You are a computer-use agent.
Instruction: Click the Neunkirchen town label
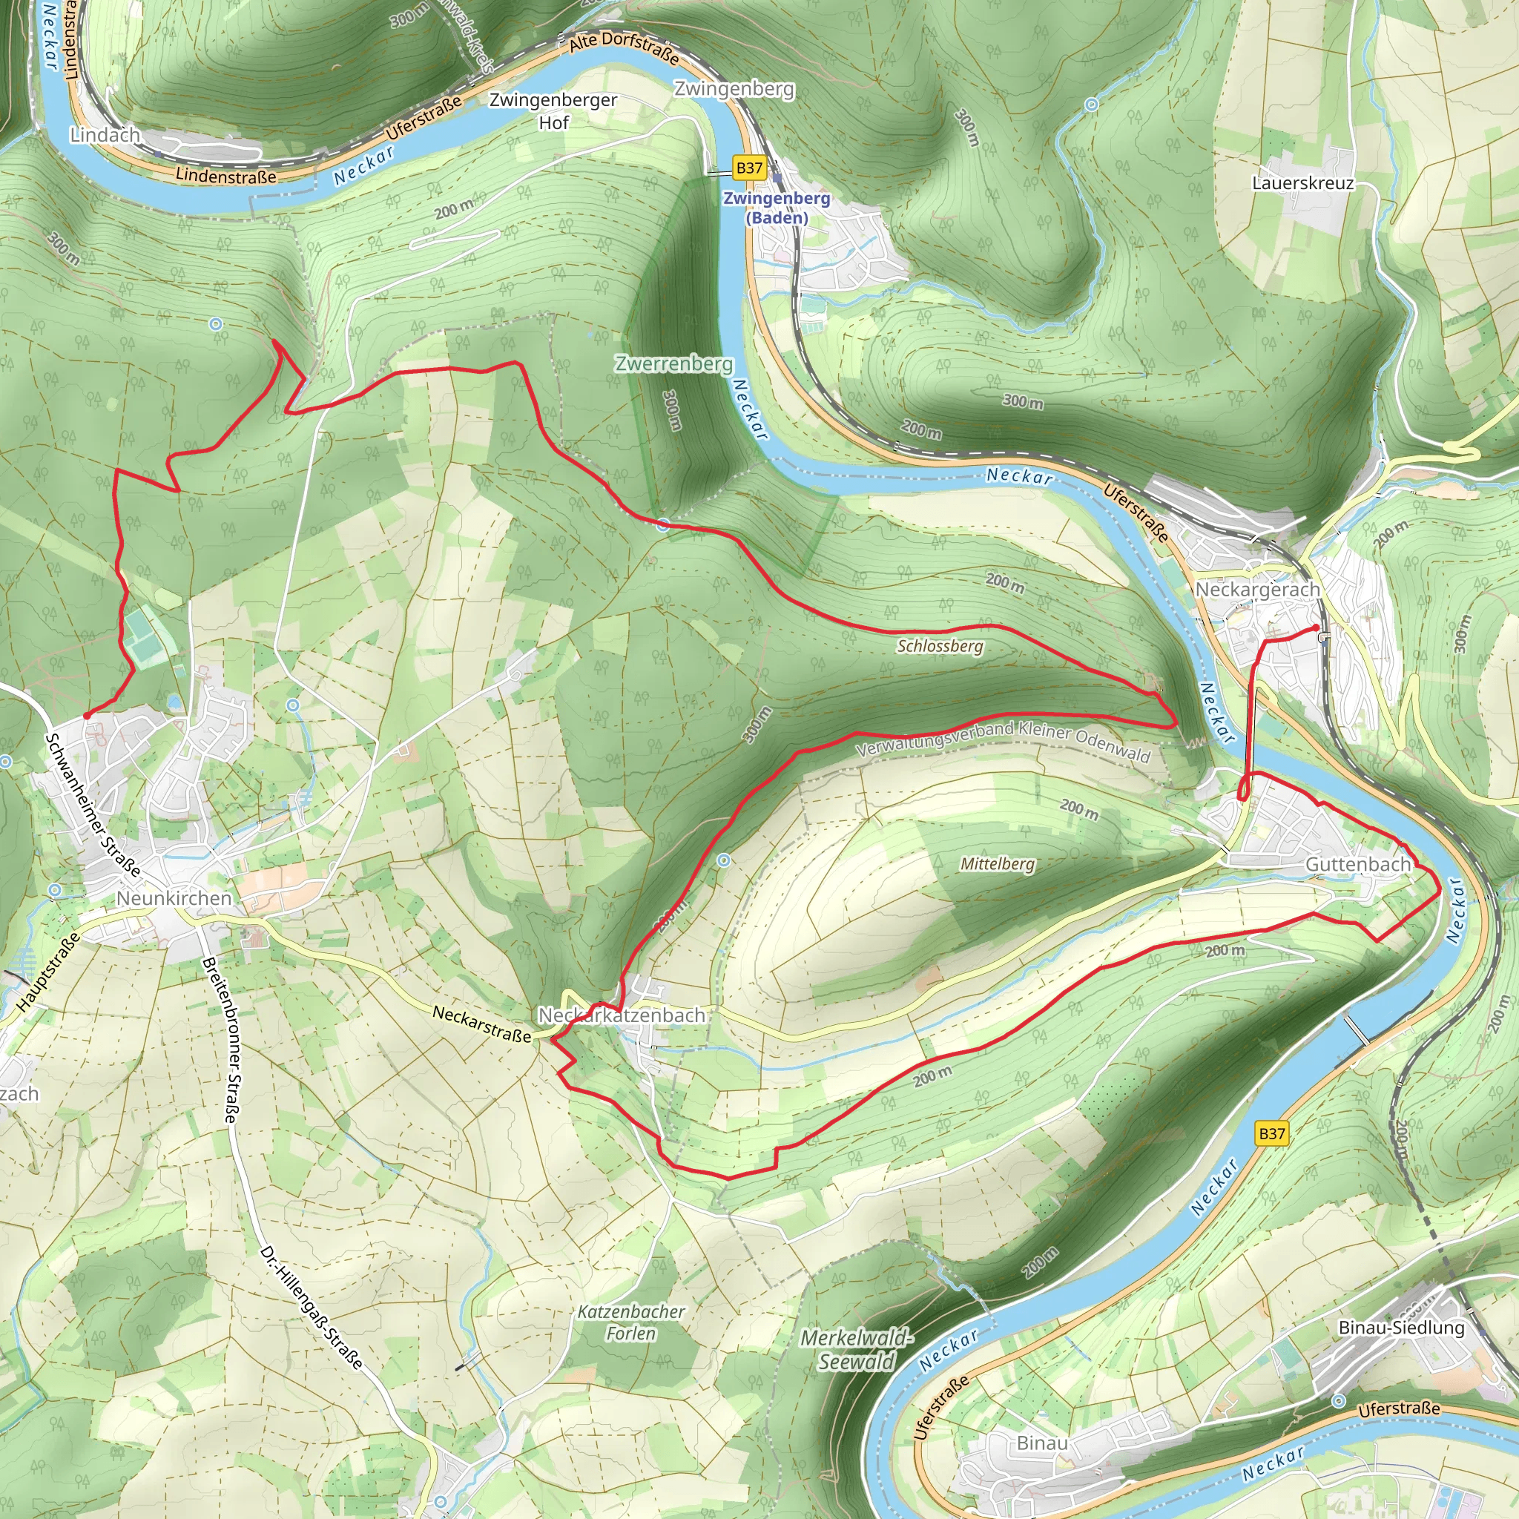(x=174, y=898)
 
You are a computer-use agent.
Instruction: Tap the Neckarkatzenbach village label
(x=621, y=1015)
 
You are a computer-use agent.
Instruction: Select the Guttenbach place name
(x=1358, y=864)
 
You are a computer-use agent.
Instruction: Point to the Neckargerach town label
(x=1257, y=590)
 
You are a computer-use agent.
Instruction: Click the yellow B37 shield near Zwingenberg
(x=748, y=168)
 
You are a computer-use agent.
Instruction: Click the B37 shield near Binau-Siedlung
(x=1271, y=1134)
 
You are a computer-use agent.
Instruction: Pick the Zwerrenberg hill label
(x=673, y=364)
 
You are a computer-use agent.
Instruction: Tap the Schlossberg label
(x=940, y=646)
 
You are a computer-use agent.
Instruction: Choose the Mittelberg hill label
(x=997, y=864)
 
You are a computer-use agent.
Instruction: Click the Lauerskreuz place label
(x=1302, y=183)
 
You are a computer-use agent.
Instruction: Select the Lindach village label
(x=105, y=135)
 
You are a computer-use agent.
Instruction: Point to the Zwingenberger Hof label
(x=553, y=111)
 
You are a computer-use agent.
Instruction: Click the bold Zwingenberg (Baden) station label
(x=777, y=208)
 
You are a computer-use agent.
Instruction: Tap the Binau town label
(x=1042, y=1443)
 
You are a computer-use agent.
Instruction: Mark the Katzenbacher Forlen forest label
(x=630, y=1322)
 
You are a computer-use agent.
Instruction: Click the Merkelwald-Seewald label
(x=856, y=1349)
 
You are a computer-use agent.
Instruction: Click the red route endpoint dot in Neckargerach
(x=1317, y=627)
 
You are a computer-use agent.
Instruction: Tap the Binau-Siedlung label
(x=1401, y=1327)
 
